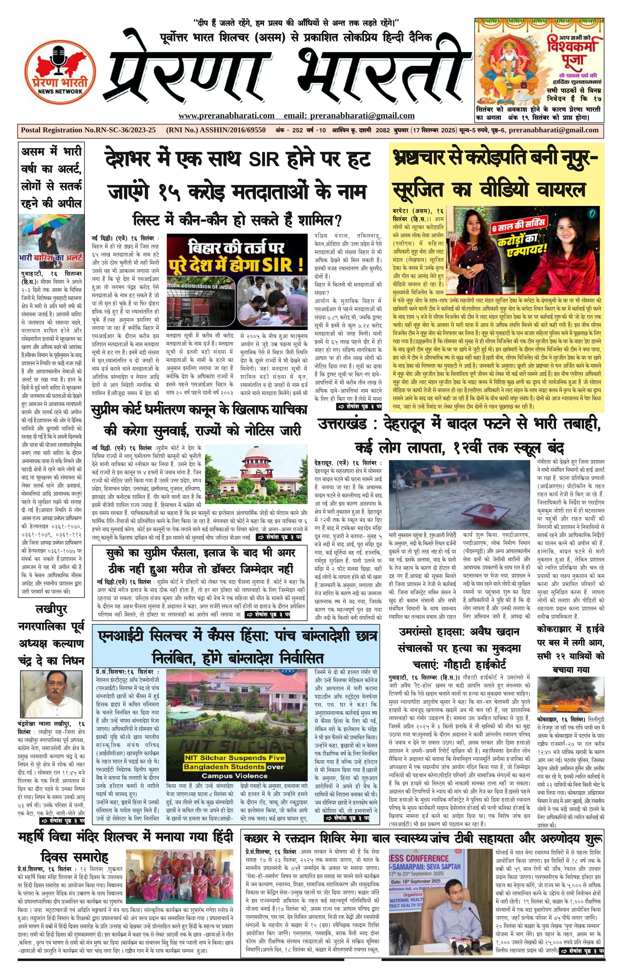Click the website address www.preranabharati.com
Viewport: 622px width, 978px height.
click(226, 116)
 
